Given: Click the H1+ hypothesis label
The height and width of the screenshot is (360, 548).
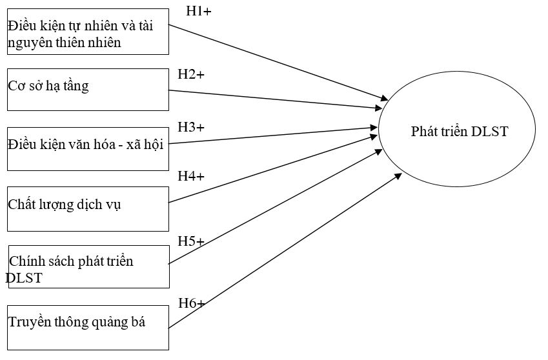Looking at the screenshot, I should [x=199, y=11].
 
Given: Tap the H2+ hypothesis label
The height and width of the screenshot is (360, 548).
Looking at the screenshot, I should [x=191, y=74].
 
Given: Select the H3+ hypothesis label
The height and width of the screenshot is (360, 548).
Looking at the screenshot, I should [x=191, y=127].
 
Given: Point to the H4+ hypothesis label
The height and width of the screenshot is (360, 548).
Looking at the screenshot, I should [x=191, y=176].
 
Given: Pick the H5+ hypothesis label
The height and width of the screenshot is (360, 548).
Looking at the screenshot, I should [x=191, y=241].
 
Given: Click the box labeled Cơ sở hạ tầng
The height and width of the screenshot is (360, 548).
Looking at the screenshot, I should [x=88, y=90].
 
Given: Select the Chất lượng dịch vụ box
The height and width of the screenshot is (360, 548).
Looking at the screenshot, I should [x=88, y=208].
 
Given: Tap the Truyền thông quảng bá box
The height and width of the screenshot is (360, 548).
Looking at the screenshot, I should [x=88, y=327].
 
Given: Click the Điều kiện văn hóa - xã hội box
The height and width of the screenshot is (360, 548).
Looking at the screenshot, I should [x=88, y=148].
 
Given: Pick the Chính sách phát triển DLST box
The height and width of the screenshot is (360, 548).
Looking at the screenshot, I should [x=88, y=266].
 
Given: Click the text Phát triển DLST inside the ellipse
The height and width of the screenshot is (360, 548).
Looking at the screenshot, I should [x=460, y=132].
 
